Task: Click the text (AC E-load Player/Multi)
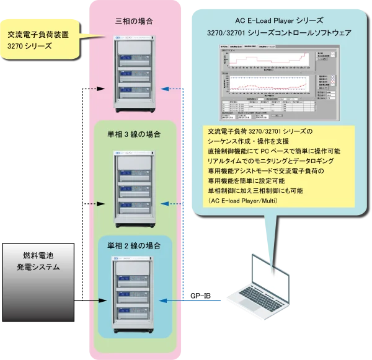pos(248,201)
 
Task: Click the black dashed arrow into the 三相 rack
pos(96,89)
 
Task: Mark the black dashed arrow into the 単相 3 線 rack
pos(96,203)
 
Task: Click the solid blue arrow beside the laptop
pos(192,301)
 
